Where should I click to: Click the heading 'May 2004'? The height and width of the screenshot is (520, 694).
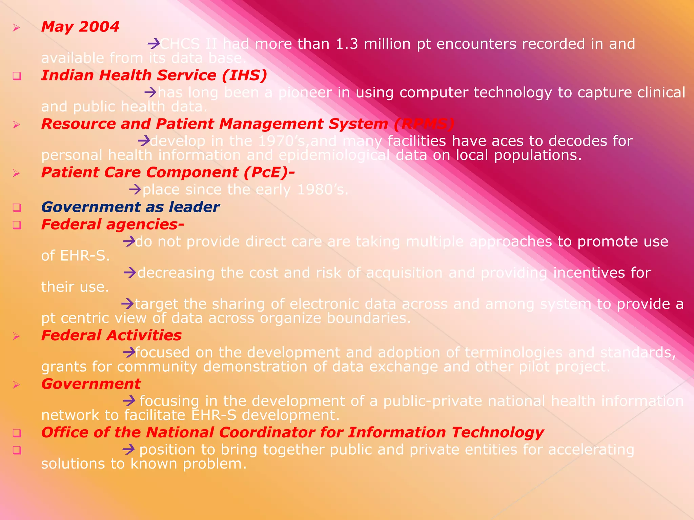[80, 27]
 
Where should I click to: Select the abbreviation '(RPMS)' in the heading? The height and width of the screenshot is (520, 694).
[424, 124]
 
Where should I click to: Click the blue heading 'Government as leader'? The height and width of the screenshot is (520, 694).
[130, 207]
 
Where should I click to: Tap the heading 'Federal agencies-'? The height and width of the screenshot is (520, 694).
[113, 224]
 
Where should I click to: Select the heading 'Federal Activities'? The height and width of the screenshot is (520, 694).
[111, 335]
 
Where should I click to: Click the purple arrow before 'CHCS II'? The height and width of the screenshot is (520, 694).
[154, 43]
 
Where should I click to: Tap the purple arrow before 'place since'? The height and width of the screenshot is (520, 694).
[135, 189]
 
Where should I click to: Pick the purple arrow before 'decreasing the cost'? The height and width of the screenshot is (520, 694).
[130, 272]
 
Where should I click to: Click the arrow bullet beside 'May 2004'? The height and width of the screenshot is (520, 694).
[16, 27]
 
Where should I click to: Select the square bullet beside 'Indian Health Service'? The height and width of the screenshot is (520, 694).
[17, 76]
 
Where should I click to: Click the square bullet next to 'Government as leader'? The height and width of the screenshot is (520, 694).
[17, 208]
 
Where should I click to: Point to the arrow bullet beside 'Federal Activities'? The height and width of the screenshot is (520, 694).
[16, 336]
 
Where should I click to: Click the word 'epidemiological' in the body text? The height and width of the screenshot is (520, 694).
[334, 155]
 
